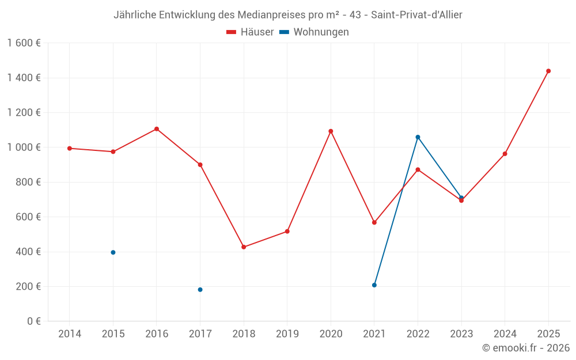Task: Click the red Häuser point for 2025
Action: (548, 71)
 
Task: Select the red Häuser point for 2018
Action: (244, 247)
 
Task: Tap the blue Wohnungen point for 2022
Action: (418, 137)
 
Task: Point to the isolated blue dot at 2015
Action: (113, 252)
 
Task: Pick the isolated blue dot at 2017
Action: (200, 290)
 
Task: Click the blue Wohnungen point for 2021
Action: (374, 285)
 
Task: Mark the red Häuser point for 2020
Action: (331, 131)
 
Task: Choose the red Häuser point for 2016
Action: (157, 129)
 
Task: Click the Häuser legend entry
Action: (250, 32)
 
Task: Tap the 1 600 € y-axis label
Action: (24, 43)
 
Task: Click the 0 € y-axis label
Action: (32, 321)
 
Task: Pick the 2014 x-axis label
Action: (70, 334)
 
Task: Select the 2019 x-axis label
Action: (287, 334)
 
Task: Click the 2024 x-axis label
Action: (505, 334)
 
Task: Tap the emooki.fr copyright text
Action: (526, 348)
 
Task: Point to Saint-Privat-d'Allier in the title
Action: (416, 15)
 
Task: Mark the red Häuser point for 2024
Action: (505, 154)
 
